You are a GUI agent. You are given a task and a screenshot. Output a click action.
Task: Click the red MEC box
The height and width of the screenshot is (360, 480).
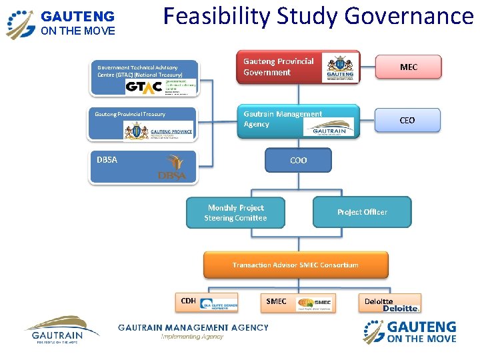[408, 67]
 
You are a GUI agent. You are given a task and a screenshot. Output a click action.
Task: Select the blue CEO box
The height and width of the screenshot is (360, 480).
[407, 120]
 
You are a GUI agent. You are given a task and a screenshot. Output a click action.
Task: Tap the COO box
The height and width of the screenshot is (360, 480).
[298, 160]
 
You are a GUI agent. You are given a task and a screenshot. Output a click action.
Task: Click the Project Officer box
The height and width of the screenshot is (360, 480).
[362, 212]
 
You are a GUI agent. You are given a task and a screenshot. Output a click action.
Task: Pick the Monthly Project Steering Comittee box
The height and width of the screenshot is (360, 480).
[235, 213]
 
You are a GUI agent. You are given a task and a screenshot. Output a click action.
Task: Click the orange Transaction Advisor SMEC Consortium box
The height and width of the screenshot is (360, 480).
[295, 265]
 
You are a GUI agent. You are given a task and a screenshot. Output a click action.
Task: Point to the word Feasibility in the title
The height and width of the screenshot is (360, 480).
[210, 16]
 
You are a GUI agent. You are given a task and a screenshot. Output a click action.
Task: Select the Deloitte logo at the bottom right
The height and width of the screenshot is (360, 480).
[400, 308]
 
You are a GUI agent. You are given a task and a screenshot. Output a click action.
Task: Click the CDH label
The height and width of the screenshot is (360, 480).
[189, 301]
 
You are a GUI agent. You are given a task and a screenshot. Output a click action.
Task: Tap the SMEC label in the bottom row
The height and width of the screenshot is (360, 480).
[276, 301]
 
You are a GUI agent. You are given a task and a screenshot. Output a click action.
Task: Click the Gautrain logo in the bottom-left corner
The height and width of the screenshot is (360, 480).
[61, 329]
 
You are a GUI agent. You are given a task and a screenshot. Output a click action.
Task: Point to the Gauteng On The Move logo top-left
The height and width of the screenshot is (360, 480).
[61, 23]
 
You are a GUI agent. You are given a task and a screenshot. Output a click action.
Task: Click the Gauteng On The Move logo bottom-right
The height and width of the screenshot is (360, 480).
[409, 332]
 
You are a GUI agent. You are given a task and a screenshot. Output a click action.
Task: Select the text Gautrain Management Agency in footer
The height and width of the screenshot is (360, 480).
[193, 327]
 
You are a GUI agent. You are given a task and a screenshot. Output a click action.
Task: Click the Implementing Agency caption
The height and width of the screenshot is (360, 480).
[192, 337]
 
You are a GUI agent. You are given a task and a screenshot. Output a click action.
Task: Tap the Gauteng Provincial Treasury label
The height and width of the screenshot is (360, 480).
[130, 114]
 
